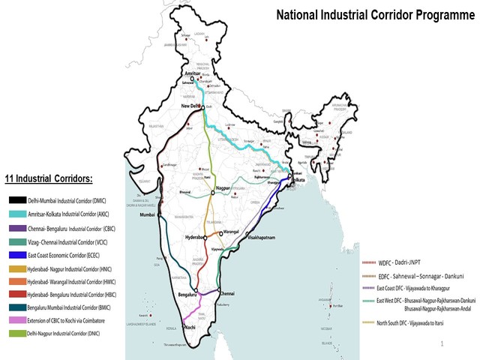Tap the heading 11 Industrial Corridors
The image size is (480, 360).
click(55, 179)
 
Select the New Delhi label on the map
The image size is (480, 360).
click(193, 107)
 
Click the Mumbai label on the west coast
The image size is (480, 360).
click(150, 215)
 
